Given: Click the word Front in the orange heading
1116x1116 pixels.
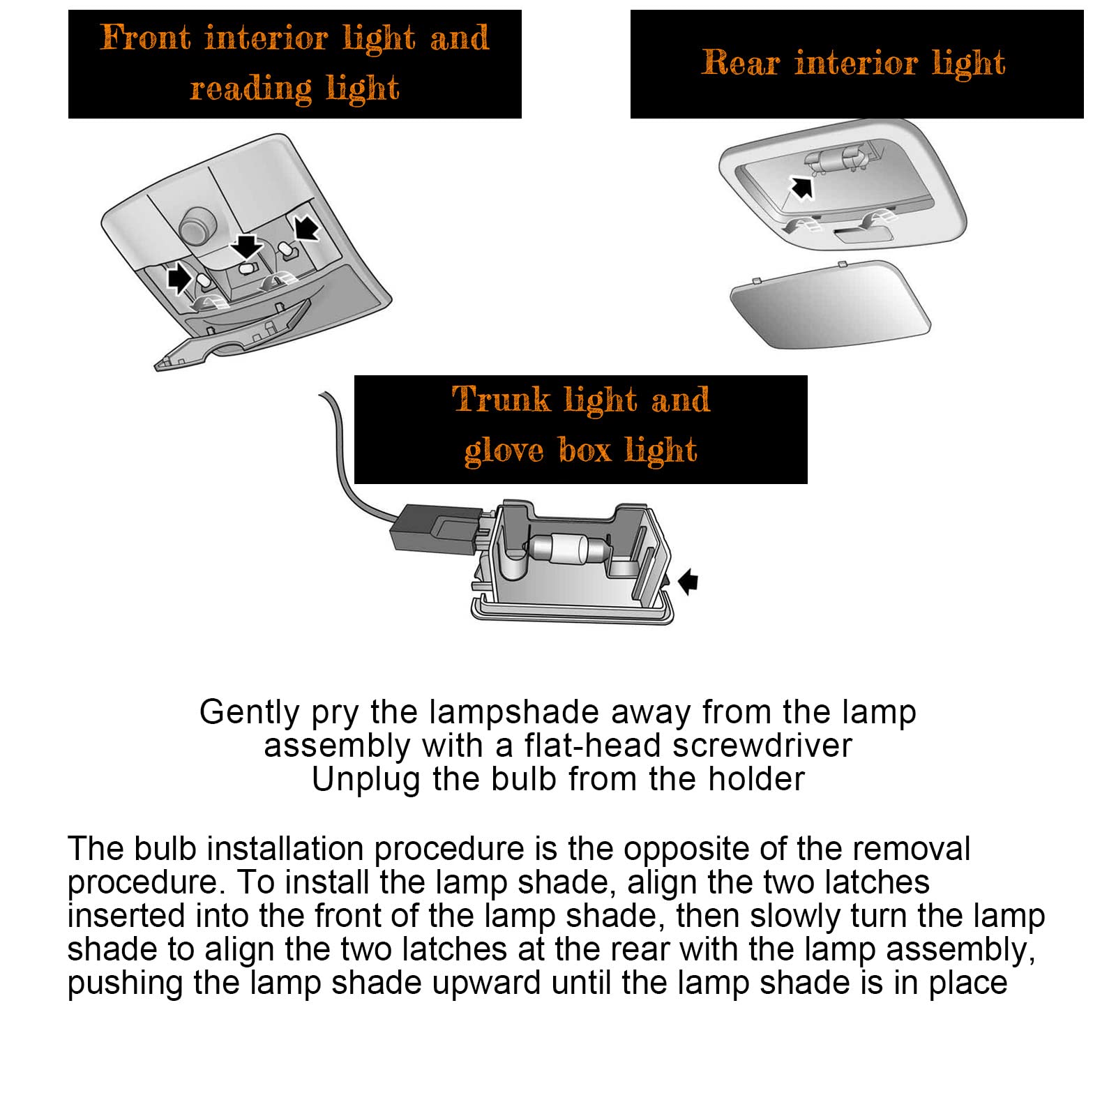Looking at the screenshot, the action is pyautogui.click(x=145, y=38).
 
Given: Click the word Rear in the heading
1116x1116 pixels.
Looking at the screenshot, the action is pyautogui.click(x=740, y=63).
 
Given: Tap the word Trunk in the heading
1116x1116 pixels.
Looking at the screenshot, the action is pyautogui.click(x=501, y=400).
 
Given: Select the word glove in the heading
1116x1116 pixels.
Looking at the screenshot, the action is pyautogui.click(x=504, y=450).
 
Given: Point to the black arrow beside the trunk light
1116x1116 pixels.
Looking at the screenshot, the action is pyautogui.click(x=688, y=580).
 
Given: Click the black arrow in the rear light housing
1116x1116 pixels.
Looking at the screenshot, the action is pyautogui.click(x=801, y=187).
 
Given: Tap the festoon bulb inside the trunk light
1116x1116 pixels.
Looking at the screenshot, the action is pyautogui.click(x=566, y=547).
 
